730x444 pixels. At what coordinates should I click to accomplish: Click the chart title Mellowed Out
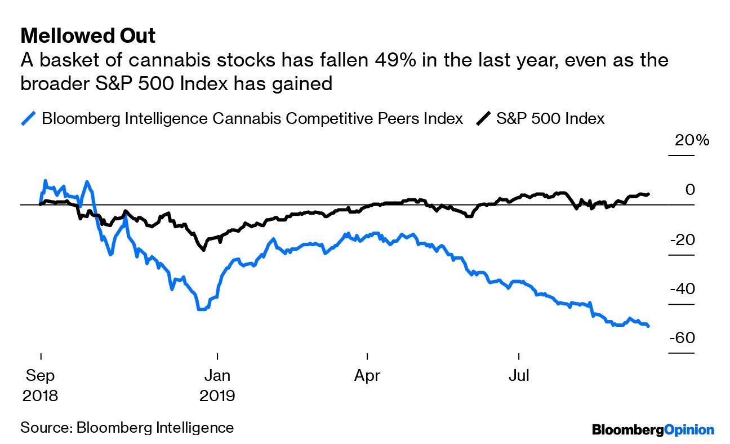(88, 36)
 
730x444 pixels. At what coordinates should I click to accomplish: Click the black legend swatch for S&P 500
(483, 119)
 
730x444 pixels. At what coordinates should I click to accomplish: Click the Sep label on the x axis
(41, 375)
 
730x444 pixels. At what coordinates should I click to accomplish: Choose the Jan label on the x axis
(217, 375)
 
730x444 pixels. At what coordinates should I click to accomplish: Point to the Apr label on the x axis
(367, 375)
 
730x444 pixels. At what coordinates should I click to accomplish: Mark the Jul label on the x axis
(518, 375)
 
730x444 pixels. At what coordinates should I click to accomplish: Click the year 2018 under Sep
(41, 396)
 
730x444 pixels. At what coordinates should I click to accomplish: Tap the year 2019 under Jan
(217, 396)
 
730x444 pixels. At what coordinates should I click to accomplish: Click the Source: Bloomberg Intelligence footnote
(127, 427)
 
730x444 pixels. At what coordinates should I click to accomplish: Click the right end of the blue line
(649, 326)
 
